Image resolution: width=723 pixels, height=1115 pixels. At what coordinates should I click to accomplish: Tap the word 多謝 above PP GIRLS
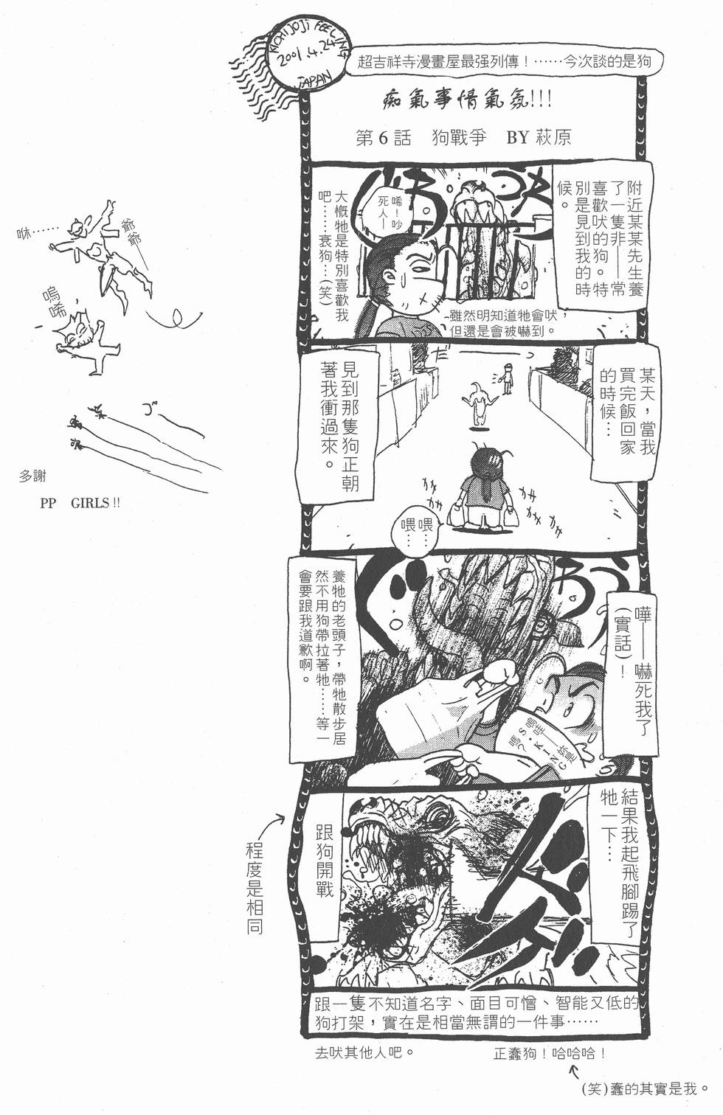(x=32, y=477)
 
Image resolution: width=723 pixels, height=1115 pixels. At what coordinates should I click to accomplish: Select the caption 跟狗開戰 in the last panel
(x=325, y=861)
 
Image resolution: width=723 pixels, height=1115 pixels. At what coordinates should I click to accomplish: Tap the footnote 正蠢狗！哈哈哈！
(x=550, y=1054)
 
